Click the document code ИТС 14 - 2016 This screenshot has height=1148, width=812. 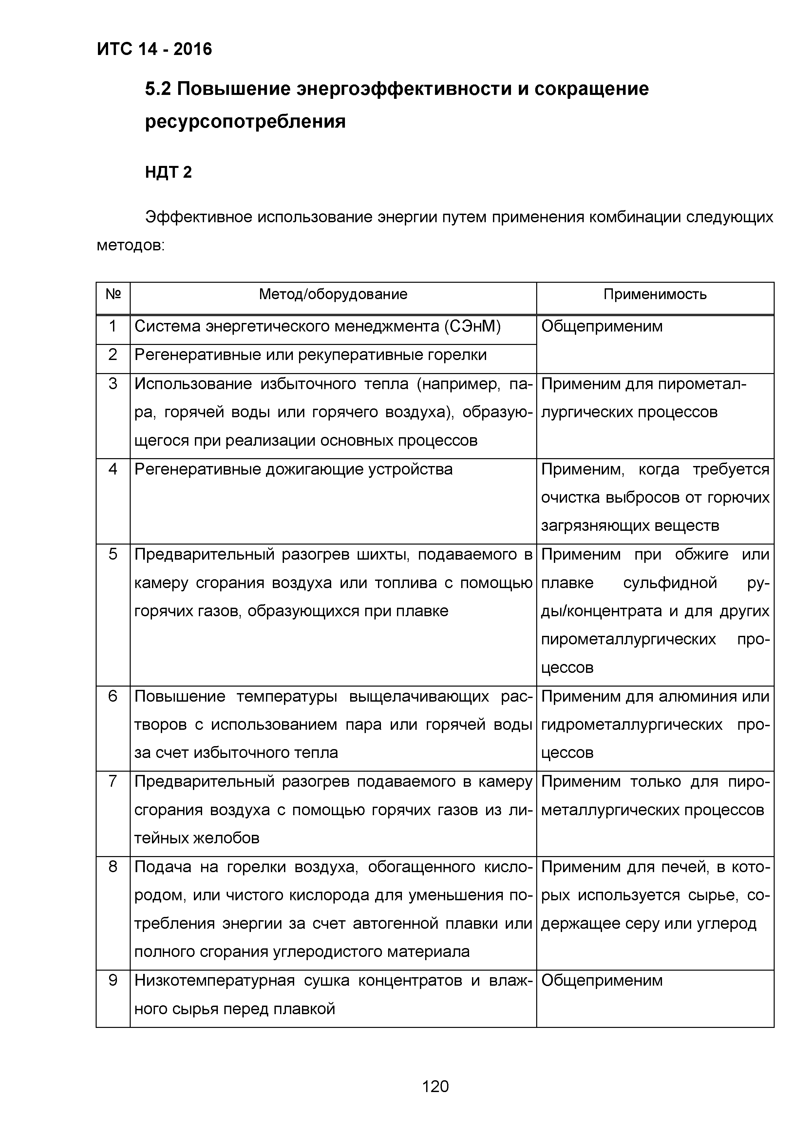coord(154,49)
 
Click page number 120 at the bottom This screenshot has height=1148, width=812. coord(435,1086)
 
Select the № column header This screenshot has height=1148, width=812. coord(113,294)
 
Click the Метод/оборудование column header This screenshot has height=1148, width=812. coord(333,294)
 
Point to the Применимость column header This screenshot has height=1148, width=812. coord(654,294)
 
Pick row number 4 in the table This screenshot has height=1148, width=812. coord(113,470)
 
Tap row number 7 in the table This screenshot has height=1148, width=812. coord(113,781)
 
